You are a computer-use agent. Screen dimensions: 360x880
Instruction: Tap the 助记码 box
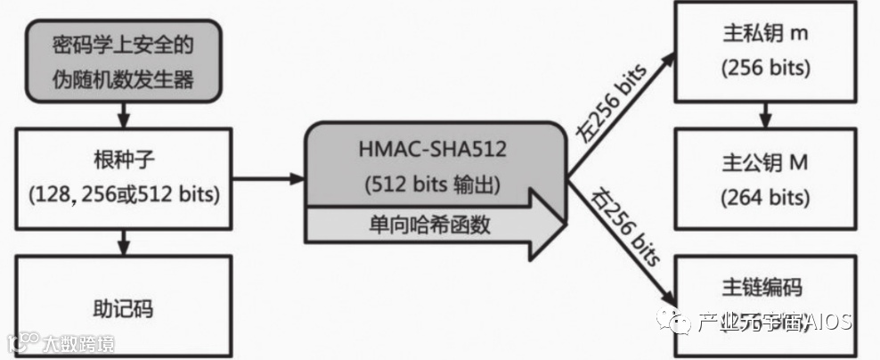pos(123,307)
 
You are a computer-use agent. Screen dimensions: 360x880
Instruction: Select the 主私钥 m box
pos(763,52)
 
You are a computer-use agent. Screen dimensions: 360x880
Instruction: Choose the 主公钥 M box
pos(763,177)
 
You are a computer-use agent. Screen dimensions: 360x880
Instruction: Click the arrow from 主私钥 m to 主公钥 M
pos(763,112)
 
